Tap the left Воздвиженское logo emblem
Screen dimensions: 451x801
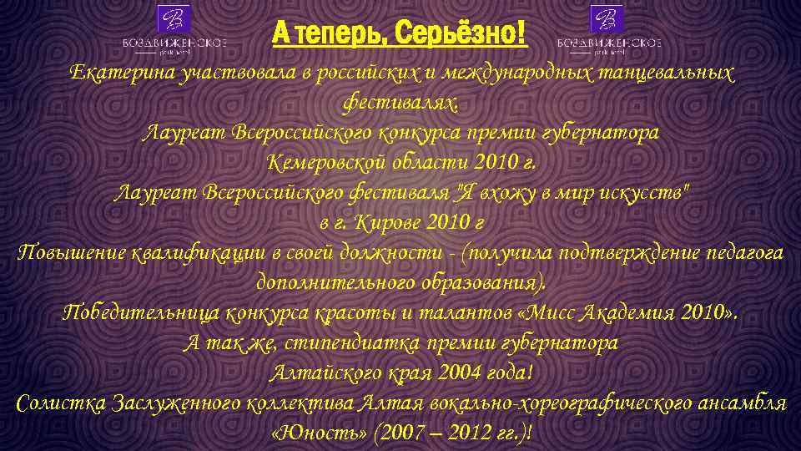pyautogui.click(x=174, y=19)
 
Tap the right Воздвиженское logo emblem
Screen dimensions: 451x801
pyautogui.click(x=608, y=19)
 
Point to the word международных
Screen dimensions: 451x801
pyautogui.click(x=516, y=73)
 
